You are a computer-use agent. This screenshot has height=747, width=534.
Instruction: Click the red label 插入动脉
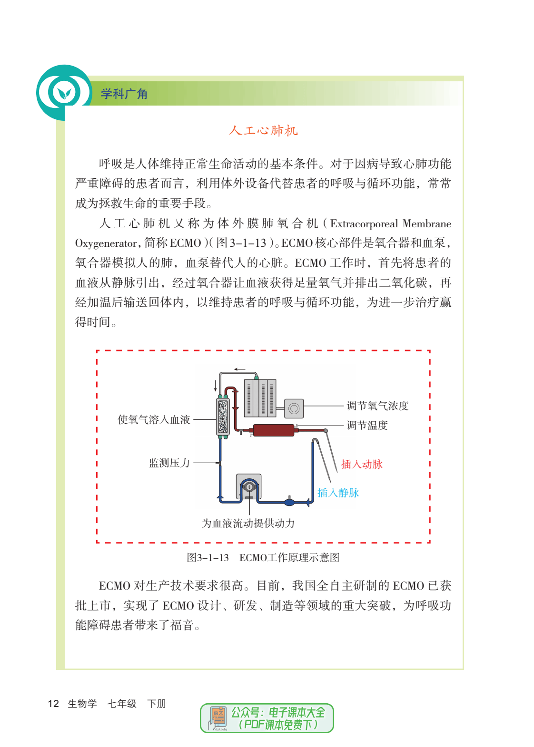tap(361, 464)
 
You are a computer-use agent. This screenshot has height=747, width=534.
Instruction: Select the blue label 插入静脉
tap(338, 493)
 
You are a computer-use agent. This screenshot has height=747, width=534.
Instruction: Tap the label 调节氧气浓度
tap(377, 406)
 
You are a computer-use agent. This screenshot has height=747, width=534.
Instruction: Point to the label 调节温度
tap(367, 425)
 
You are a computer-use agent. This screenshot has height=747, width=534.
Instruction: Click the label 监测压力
tap(169, 463)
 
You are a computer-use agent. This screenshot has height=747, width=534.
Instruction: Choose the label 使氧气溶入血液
tap(154, 419)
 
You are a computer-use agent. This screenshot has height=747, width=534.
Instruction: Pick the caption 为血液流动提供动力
tap(248, 523)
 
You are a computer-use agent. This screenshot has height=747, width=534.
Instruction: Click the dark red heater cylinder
tap(274, 430)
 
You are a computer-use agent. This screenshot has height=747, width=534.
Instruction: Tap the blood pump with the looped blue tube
tap(248, 487)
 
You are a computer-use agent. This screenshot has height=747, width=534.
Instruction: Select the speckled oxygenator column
tap(223, 417)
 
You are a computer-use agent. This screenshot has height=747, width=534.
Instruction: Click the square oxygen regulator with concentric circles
tap(294, 408)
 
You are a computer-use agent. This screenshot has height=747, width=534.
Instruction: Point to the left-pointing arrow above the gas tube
tap(239, 369)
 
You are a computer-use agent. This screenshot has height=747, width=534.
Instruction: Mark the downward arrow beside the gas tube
tap(216, 386)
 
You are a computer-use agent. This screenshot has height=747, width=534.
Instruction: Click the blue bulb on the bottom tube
tap(289, 501)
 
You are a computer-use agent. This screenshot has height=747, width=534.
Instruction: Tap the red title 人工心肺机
tap(263, 130)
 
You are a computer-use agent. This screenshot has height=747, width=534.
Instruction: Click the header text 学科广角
tap(124, 94)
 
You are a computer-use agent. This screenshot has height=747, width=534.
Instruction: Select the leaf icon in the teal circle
tap(64, 93)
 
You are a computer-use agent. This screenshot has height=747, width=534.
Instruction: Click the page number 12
tap(53, 704)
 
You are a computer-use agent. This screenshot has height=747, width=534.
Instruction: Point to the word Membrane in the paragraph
tap(427, 223)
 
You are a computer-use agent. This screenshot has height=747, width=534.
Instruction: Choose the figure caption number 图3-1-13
tap(208, 558)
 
